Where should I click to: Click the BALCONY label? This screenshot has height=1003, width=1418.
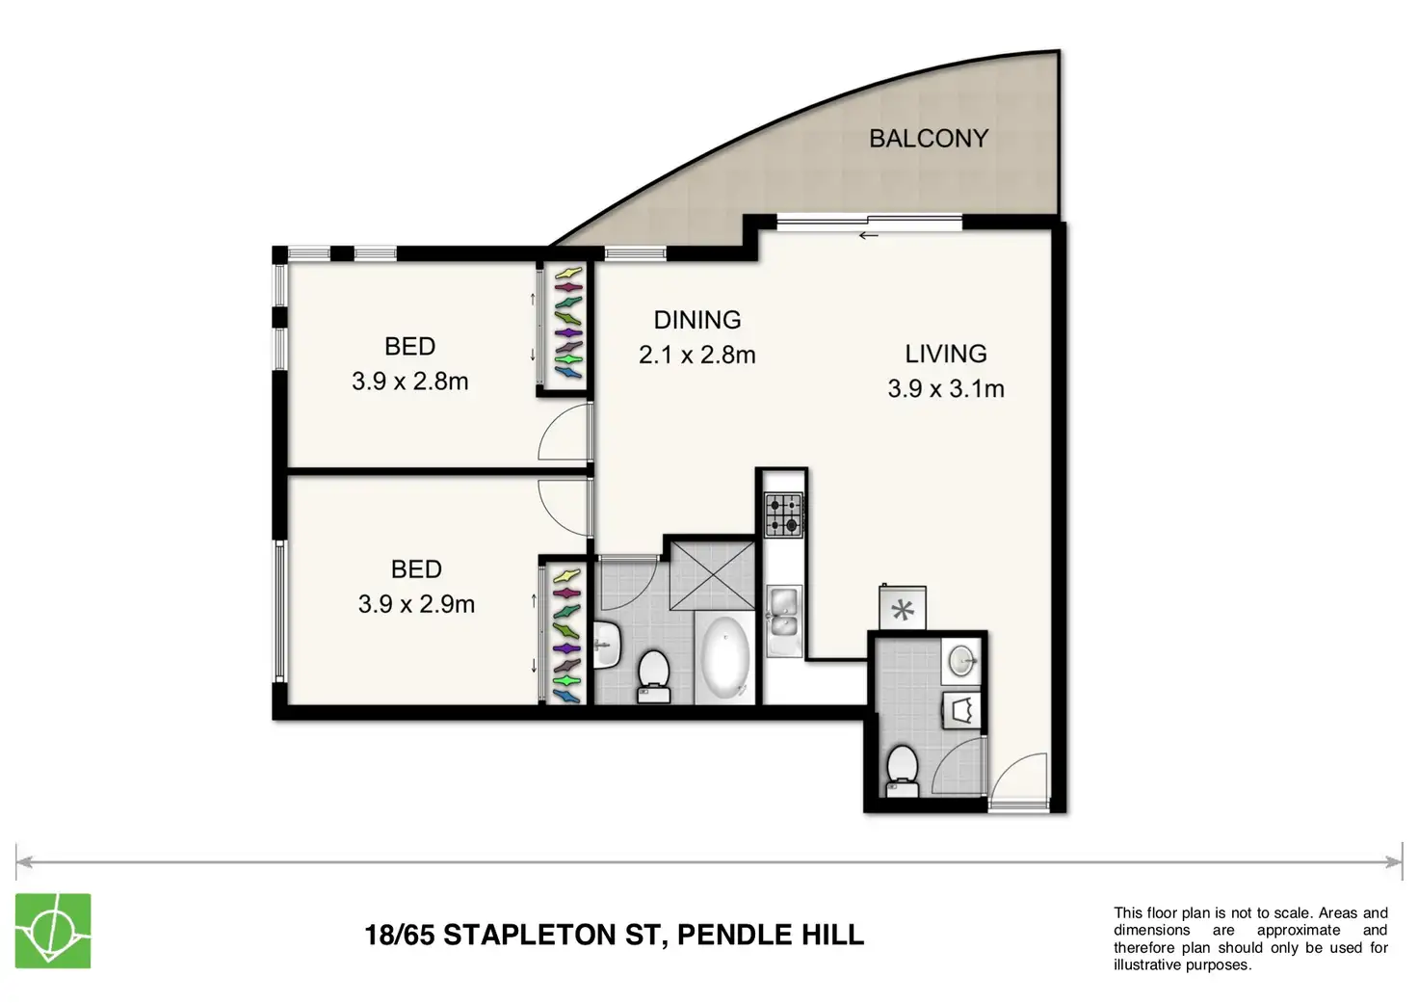coord(929,138)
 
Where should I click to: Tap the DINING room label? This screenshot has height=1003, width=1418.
coord(697,320)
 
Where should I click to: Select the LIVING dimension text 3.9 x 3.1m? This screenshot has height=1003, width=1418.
coord(946,388)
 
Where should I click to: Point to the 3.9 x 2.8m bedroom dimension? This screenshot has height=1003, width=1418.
coord(410,382)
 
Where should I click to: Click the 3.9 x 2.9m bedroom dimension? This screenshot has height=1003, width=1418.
coord(416,604)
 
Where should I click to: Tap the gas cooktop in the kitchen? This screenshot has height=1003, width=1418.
coord(784,515)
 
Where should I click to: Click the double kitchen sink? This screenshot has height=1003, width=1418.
coord(784,620)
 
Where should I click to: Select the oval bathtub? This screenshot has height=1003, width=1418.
coord(725,658)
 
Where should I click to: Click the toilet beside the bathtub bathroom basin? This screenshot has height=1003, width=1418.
coord(654,677)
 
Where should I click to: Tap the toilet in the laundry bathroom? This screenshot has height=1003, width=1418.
coord(903,771)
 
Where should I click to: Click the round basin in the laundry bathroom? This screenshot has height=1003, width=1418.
coord(961,661)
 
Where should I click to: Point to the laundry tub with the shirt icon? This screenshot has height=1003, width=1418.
coord(961,710)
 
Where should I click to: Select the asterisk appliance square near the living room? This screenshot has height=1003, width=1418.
coord(903,608)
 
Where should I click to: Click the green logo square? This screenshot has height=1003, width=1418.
coord(53,931)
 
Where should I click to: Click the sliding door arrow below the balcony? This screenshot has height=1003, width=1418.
coord(869,236)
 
